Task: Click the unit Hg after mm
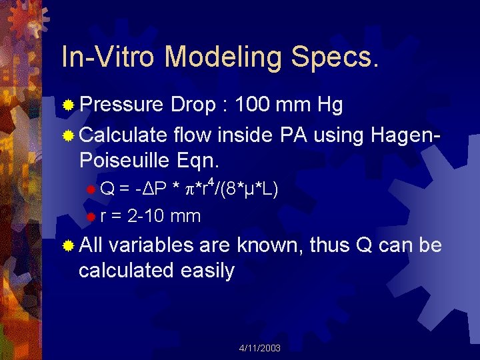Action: click(x=330, y=105)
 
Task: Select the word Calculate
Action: click(x=123, y=136)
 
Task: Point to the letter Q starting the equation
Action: click(x=107, y=190)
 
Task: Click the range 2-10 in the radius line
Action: click(x=146, y=216)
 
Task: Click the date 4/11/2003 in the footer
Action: click(x=259, y=348)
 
